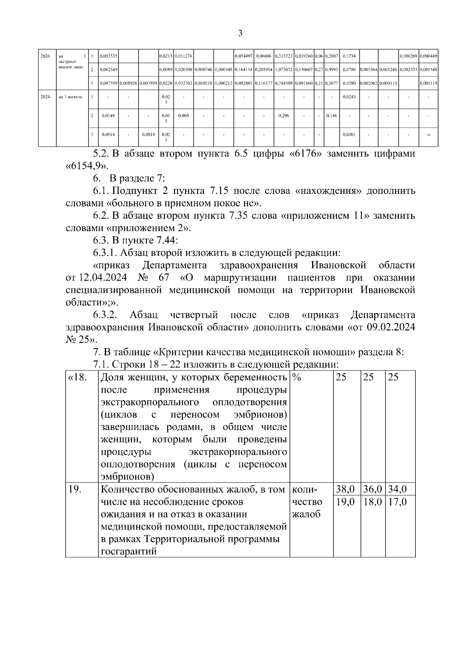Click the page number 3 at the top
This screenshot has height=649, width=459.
click(240, 34)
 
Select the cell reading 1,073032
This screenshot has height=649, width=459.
click(283, 70)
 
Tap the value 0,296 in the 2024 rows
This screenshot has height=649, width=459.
click(283, 115)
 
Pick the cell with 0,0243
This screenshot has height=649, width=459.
click(349, 97)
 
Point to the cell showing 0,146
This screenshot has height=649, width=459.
click(331, 115)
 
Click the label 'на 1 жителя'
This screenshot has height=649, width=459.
click(70, 97)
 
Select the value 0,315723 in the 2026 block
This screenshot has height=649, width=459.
click(283, 56)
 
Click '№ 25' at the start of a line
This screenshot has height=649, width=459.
click(79, 340)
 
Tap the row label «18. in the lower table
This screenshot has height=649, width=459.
click(78, 377)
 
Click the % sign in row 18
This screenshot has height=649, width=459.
click(296, 377)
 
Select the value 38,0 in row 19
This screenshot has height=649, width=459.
click(345, 489)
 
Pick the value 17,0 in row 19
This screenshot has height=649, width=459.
click(398, 501)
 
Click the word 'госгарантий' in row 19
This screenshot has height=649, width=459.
click(129, 551)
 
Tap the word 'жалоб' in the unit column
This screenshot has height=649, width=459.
click(306, 514)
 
